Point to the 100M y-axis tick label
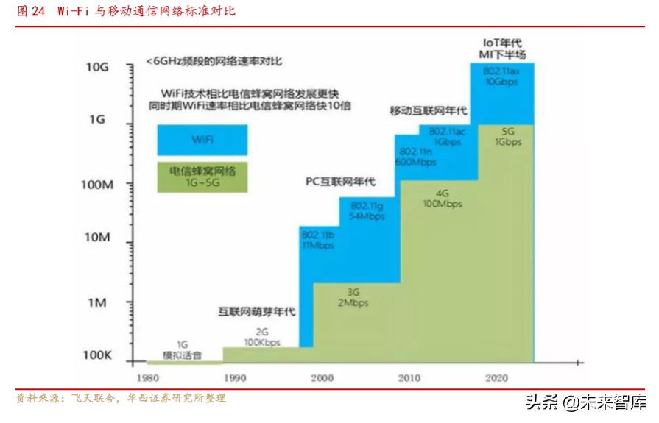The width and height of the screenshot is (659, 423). [96, 184]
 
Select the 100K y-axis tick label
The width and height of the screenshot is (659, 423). [96, 355]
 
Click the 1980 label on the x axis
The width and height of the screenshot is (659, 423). [147, 378]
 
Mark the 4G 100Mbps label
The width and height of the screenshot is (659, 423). [442, 198]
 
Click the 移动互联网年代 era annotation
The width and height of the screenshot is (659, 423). [429, 111]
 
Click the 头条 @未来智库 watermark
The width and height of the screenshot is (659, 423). [587, 402]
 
